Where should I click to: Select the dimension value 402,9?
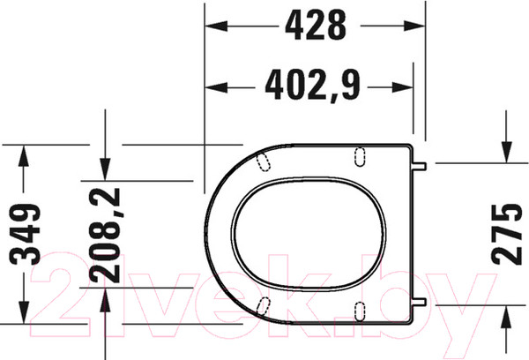click(x=313, y=86)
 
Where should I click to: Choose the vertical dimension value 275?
click(x=506, y=234)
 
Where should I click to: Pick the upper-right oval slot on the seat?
click(x=359, y=156)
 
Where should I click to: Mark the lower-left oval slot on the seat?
click(x=262, y=304)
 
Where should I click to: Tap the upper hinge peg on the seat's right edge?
click(x=422, y=163)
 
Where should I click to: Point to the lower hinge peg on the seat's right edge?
click(x=422, y=301)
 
